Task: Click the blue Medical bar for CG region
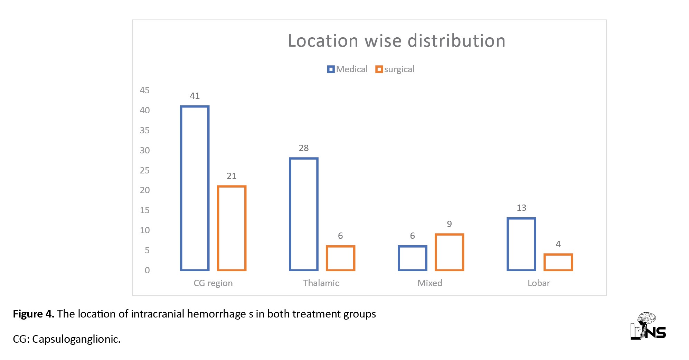(195, 188)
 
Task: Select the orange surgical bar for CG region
(232, 228)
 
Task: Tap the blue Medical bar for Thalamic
(304, 214)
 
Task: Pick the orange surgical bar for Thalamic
(340, 258)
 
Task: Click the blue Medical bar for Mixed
(412, 258)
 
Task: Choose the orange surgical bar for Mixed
(449, 252)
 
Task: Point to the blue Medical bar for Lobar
(521, 244)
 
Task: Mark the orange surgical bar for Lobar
(558, 262)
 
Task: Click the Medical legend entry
(348, 69)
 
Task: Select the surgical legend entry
(395, 69)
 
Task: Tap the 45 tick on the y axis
(145, 91)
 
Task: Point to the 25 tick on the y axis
(145, 170)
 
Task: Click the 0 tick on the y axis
(147, 270)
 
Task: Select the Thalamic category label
(321, 283)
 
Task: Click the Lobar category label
(539, 283)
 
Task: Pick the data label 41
(195, 96)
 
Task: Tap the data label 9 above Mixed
(449, 224)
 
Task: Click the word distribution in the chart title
(456, 41)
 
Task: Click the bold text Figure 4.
(34, 314)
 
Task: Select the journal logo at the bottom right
(648, 326)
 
